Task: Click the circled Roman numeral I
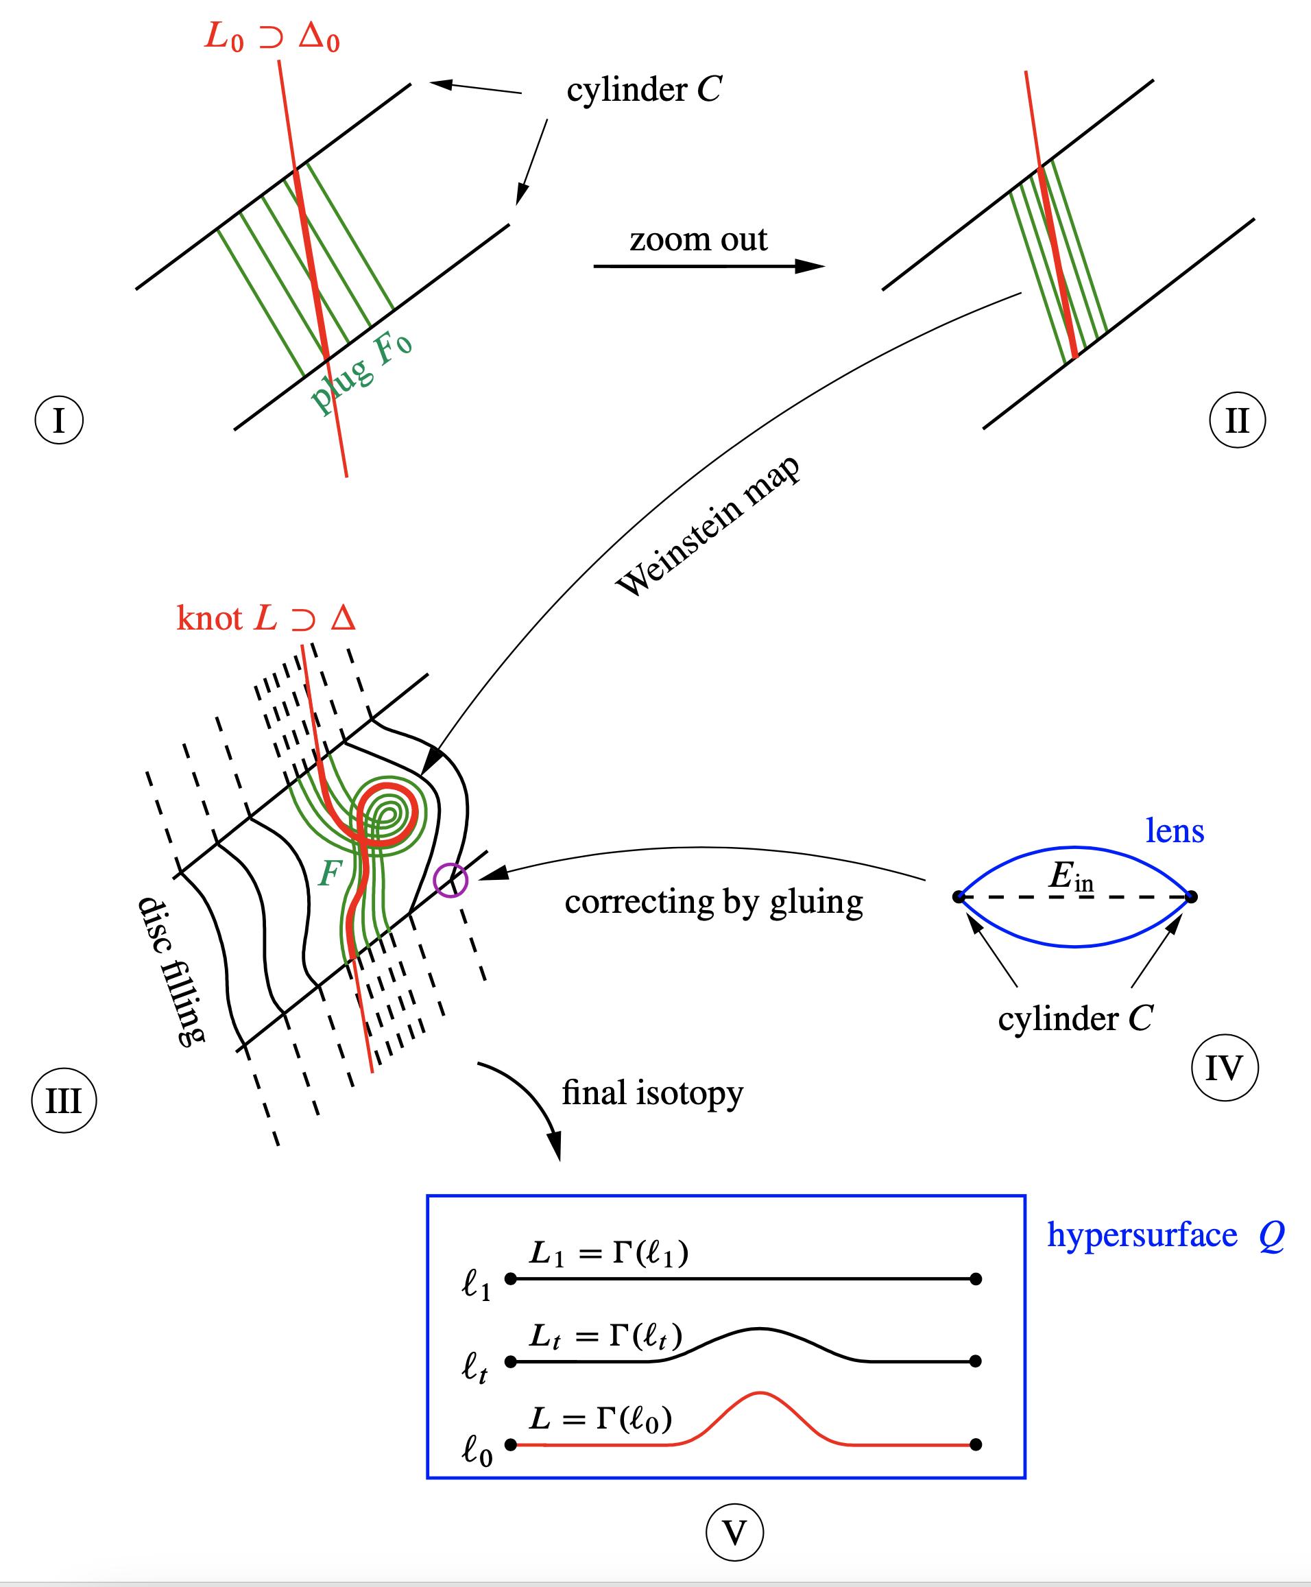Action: [59, 420]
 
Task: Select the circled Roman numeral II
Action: [1237, 420]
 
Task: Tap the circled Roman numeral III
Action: [64, 1101]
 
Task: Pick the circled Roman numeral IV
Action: [1224, 1067]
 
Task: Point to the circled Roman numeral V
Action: [734, 1533]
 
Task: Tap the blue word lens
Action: [1175, 831]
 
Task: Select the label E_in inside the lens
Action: [1071, 876]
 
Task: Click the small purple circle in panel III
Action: [451, 880]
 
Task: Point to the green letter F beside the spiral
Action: [330, 873]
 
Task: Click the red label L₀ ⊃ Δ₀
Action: [272, 36]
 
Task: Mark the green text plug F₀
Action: [361, 372]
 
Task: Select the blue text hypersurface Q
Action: [1165, 1235]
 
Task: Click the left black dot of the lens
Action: [959, 897]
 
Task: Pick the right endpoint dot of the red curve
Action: [976, 1444]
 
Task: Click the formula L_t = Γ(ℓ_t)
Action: [605, 1335]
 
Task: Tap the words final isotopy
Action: [653, 1093]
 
